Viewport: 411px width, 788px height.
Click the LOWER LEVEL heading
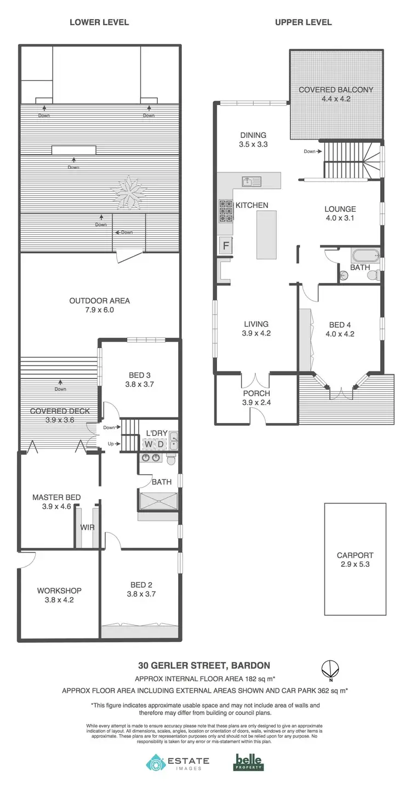pos(99,22)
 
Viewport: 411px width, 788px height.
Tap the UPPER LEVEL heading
pos(303,22)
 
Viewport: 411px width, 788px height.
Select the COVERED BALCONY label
pos(335,90)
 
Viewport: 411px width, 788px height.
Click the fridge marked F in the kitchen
pos(225,245)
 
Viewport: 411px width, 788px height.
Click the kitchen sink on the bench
pos(248,181)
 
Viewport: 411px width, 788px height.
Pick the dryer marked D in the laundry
pos(160,444)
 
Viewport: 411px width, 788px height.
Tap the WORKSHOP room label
pos(59,590)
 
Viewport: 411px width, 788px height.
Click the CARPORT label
pos(355,555)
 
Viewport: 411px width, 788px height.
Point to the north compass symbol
pos(330,669)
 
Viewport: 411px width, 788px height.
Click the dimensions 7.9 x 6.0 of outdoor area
pos(100,310)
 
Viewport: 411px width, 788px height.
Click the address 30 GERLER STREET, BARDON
pos(204,665)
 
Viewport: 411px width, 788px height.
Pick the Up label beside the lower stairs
pos(111,444)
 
